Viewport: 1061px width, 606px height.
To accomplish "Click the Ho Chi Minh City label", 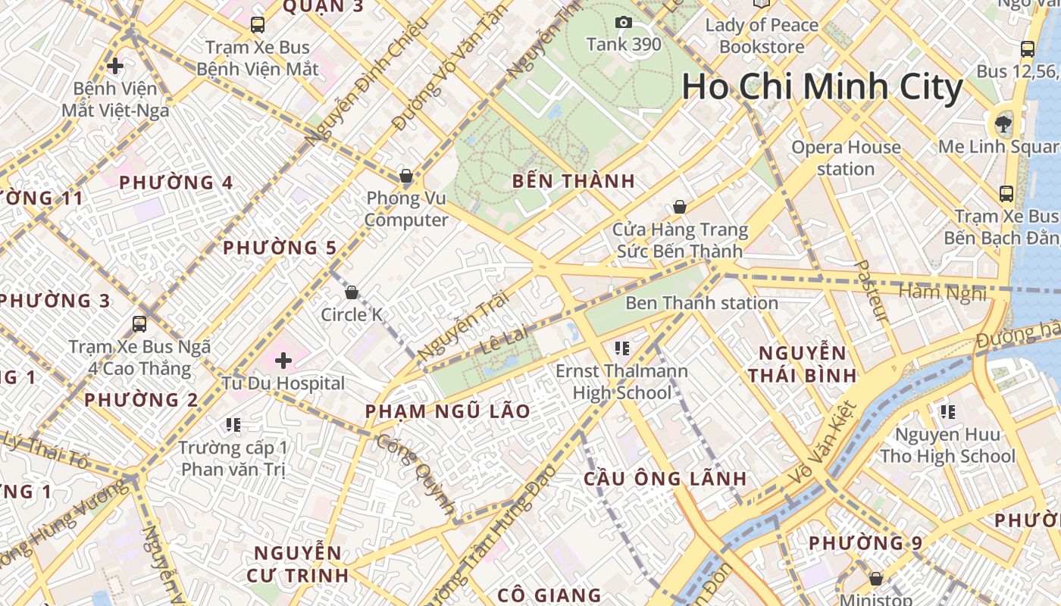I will (x=822, y=87).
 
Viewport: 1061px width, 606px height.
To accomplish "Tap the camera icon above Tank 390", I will (x=624, y=23).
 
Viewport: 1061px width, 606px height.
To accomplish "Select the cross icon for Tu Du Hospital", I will (x=283, y=361).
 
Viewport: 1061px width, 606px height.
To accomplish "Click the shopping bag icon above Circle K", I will (x=352, y=292).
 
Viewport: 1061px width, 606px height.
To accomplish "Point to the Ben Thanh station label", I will (x=701, y=303).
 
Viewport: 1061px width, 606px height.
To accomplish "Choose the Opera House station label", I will (x=846, y=158).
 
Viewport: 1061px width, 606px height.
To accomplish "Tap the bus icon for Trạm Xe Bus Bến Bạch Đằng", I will (x=1006, y=194).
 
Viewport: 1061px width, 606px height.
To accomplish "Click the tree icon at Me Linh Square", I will (x=1004, y=123).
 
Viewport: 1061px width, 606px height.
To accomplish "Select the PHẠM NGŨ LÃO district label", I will (x=447, y=411).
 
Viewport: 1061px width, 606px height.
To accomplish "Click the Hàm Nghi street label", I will (x=942, y=292).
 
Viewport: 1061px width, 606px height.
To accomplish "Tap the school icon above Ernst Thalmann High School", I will (x=622, y=348).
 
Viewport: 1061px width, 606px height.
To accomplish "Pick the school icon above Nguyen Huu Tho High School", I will (x=947, y=412).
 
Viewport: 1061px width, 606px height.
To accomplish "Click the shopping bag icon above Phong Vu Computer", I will (x=406, y=176).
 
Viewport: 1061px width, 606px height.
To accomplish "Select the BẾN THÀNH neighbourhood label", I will (x=573, y=181).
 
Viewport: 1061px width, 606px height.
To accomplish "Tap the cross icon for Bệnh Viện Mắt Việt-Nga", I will (x=115, y=66).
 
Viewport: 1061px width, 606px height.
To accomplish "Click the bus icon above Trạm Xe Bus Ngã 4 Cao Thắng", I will (x=139, y=324).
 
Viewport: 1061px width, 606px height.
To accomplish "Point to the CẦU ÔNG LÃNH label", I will (x=665, y=479).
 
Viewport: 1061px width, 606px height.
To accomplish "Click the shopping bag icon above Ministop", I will (x=876, y=579).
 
